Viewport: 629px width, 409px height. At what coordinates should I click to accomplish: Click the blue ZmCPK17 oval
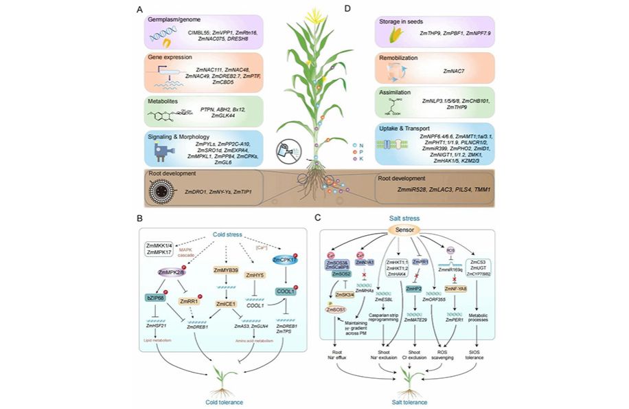[286, 261]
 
